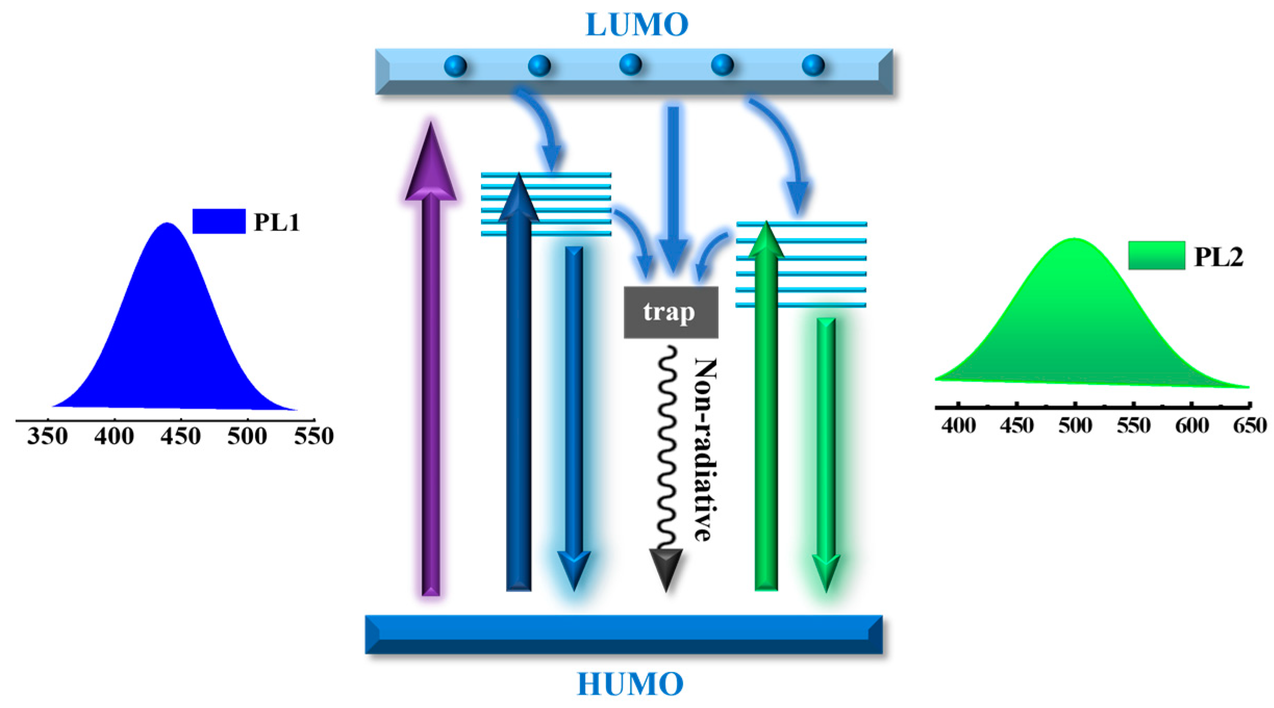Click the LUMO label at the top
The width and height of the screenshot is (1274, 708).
(x=637, y=25)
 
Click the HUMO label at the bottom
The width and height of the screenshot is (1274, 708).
(x=630, y=684)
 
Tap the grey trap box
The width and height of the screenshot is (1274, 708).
(x=671, y=312)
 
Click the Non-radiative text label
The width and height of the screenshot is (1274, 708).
(x=705, y=450)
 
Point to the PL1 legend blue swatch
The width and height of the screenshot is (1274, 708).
(x=219, y=221)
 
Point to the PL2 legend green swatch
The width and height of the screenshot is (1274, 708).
(x=1156, y=255)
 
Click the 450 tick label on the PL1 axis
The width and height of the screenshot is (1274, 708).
(x=180, y=436)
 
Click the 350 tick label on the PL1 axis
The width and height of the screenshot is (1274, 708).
(x=47, y=436)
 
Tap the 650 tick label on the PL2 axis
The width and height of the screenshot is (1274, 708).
(x=1250, y=426)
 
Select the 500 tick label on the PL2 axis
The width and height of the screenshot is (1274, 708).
(x=1075, y=426)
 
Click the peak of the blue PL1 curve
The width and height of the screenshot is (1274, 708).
(x=167, y=225)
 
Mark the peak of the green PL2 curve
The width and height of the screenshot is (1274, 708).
(x=1074, y=240)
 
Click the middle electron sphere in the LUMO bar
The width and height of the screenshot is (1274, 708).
(x=630, y=65)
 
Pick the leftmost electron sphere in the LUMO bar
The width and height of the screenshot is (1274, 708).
(x=455, y=66)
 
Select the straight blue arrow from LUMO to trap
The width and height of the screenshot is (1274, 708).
(x=673, y=187)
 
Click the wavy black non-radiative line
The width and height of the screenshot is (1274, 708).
(x=668, y=447)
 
